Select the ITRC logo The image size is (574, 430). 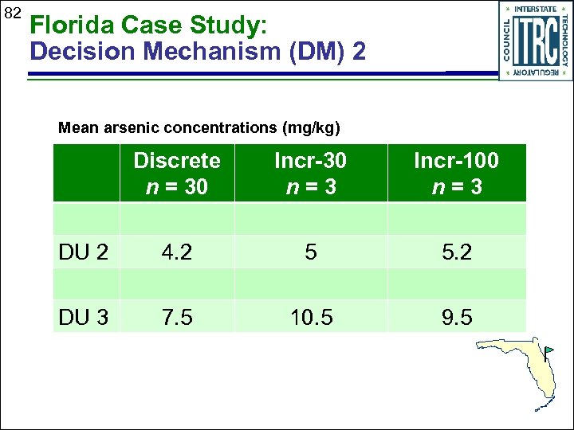[x=535, y=41]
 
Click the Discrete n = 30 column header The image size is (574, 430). [x=177, y=173]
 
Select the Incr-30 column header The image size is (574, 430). [x=311, y=173]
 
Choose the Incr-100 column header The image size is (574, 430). [x=457, y=173]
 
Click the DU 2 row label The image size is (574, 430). [x=84, y=252]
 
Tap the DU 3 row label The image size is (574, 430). [x=84, y=317]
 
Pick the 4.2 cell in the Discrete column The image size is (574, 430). [x=177, y=252]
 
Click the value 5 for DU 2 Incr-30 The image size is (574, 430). [x=311, y=252]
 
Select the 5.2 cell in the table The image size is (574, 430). [x=457, y=252]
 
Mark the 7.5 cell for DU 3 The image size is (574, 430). [x=177, y=317]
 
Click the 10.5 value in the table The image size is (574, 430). [x=311, y=317]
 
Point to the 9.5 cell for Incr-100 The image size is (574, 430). [x=457, y=317]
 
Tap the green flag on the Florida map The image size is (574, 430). [x=548, y=350]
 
